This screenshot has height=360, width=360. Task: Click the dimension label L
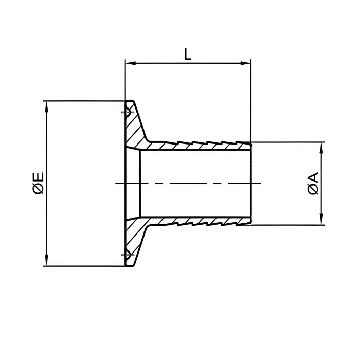pyautogui.click(x=188, y=54)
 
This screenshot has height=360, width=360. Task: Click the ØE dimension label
pyautogui.click(x=38, y=184)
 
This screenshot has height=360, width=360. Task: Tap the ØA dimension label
pyautogui.click(x=313, y=184)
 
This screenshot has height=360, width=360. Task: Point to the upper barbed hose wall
pyautogui.click(x=195, y=145)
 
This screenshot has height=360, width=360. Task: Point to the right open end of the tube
pyautogui.click(x=250, y=184)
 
